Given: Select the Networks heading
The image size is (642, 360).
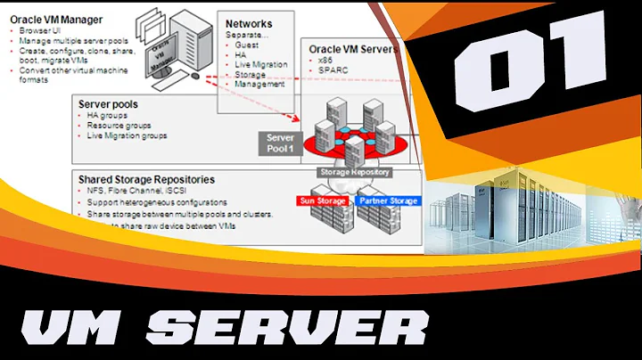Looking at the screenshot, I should pos(250,24).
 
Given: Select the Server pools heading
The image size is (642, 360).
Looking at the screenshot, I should pos(108,104).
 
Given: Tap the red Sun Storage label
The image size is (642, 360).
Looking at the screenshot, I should pos(323,201).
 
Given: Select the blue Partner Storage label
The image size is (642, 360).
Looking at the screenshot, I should pos(388,201).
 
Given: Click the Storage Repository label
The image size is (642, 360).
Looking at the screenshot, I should pos(354,171).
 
